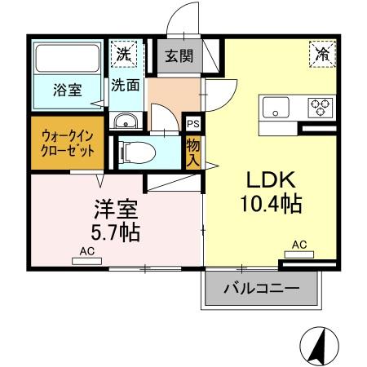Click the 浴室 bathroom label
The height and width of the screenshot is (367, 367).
[67, 90]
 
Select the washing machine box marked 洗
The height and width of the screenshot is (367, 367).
[124, 55]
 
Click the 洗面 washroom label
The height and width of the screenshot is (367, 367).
[124, 84]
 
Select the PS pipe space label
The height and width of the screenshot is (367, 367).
[193, 124]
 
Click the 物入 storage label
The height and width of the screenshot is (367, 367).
[193, 151]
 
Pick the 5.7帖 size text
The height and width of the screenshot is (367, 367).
[114, 232]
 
